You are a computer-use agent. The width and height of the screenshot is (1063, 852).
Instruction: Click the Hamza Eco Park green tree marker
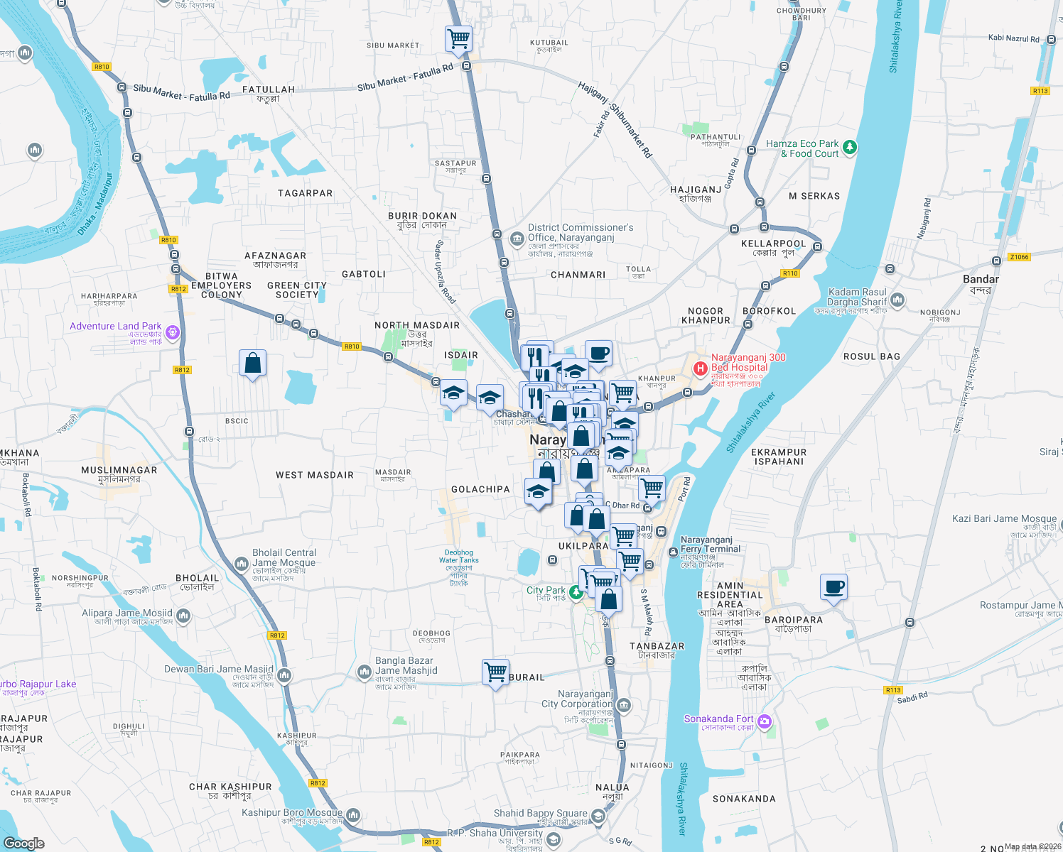850,148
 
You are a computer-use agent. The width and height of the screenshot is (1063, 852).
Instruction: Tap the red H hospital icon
700,368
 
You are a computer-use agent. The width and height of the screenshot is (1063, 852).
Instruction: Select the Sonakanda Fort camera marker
765,722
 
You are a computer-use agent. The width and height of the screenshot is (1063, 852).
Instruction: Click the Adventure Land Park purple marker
172,332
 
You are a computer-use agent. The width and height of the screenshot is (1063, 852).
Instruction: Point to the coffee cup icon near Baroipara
833,587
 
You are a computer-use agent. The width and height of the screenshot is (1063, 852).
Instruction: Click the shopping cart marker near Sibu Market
458,38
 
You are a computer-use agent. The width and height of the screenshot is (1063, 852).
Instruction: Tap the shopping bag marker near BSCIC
252,363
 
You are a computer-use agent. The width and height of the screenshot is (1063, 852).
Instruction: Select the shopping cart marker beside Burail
495,671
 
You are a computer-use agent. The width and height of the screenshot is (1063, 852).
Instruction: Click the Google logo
23,843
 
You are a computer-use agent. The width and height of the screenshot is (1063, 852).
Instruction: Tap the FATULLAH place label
269,89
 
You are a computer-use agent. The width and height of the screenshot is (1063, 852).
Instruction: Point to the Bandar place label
981,279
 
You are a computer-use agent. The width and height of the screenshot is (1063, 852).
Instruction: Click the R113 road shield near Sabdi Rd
893,690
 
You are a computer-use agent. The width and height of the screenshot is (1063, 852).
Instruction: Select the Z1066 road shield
1019,257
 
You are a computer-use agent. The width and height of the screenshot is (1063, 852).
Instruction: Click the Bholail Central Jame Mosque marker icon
241,564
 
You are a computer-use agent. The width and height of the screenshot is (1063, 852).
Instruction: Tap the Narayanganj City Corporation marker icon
624,705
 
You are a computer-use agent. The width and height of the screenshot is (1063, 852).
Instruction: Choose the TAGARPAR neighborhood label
306,193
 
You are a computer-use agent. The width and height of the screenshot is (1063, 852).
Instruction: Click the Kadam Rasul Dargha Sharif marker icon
897,300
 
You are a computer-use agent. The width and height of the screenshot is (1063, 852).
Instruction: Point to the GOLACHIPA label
480,489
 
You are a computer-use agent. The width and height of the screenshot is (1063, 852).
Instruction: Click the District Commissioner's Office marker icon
517,237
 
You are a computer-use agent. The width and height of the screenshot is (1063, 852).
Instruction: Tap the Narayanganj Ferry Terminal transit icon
673,552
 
